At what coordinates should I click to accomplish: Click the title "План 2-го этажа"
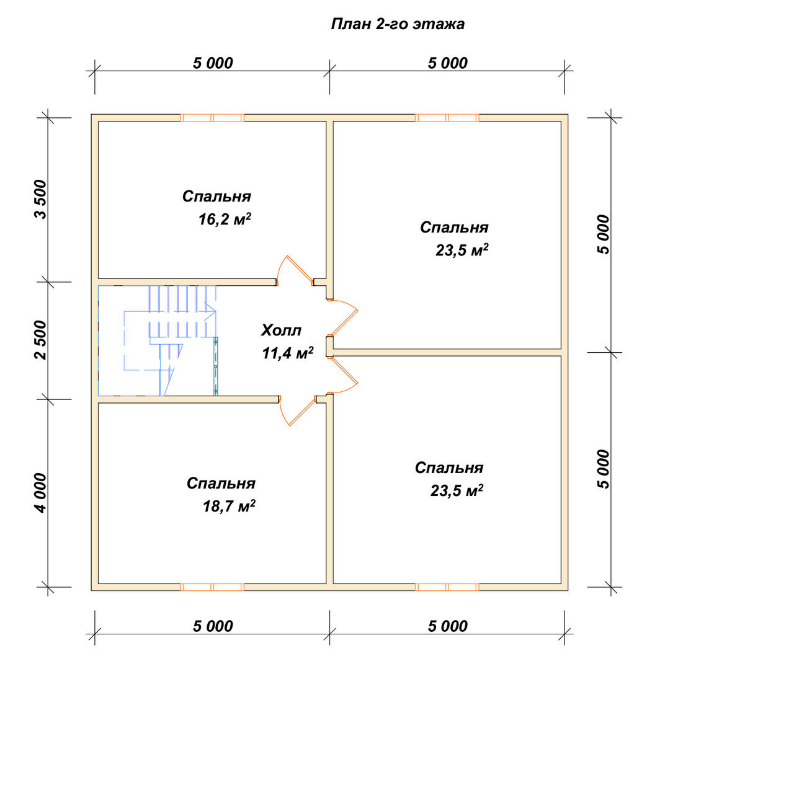click(x=398, y=24)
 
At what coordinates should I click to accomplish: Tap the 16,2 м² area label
click(x=225, y=219)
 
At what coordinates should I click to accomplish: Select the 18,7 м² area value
click(x=229, y=506)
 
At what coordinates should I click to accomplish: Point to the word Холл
click(x=281, y=330)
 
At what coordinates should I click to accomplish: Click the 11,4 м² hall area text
click(x=287, y=353)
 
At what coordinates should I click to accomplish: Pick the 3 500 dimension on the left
click(x=42, y=199)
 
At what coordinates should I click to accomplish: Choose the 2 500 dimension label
click(x=42, y=340)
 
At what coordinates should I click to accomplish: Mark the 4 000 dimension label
click(x=42, y=492)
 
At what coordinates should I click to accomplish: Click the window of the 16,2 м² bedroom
click(x=212, y=118)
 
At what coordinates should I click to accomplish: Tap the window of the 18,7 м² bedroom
click(x=212, y=587)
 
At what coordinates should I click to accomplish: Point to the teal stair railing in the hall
click(x=216, y=366)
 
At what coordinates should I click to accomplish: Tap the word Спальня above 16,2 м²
click(x=216, y=197)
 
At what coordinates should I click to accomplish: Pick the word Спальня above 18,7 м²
click(x=221, y=484)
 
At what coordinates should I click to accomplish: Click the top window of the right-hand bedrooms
click(x=447, y=118)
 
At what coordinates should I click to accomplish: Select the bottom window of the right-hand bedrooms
click(x=447, y=587)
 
